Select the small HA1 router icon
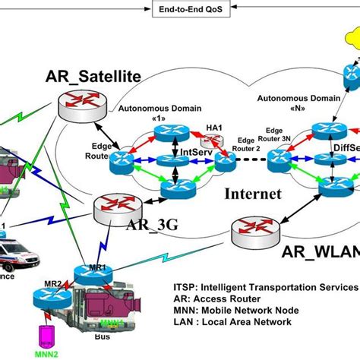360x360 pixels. pyautogui.click(x=210, y=141)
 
